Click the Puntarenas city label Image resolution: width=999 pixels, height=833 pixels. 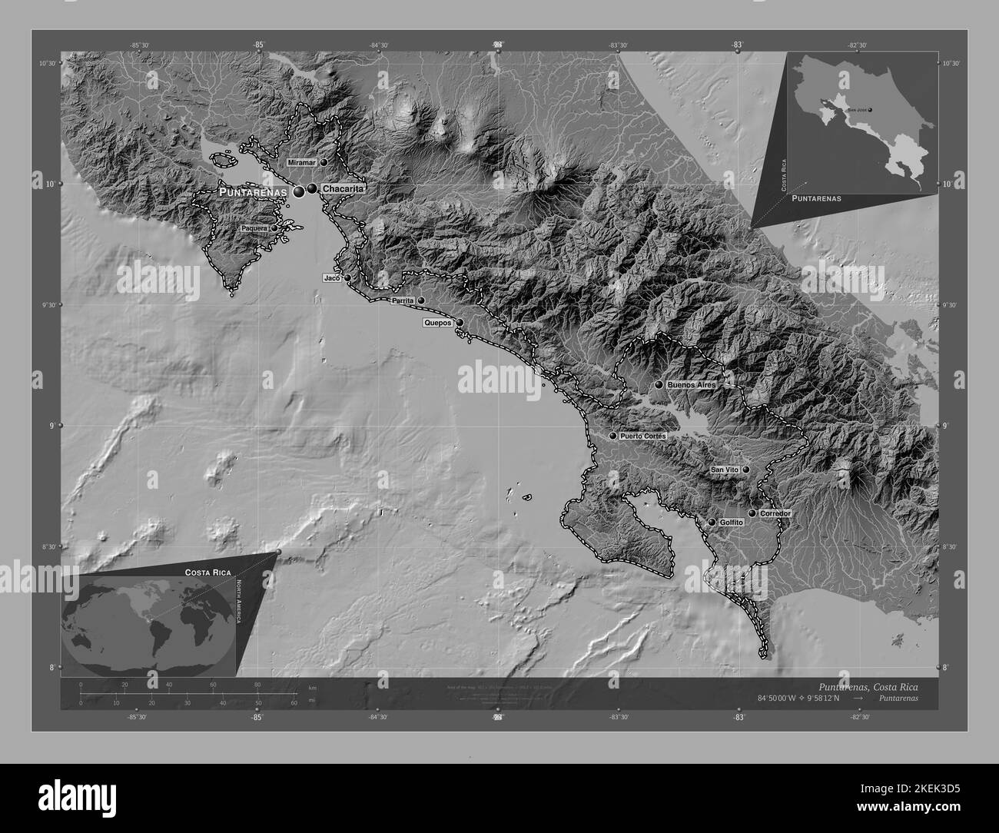(x=253, y=191)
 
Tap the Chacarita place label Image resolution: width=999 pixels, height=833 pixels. (x=342, y=188)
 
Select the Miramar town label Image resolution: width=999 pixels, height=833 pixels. (x=302, y=163)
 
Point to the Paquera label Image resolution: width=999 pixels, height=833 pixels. (x=254, y=228)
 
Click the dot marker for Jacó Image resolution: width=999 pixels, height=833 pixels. (x=347, y=278)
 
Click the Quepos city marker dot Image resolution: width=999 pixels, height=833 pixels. (x=459, y=323)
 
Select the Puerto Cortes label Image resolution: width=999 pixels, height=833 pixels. (x=642, y=436)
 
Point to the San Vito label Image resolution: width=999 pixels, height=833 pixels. (x=725, y=469)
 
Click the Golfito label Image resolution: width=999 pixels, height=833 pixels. (x=732, y=523)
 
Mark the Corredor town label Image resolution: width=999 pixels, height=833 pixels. (x=775, y=513)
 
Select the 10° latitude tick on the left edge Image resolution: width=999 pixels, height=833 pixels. (x=53, y=184)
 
